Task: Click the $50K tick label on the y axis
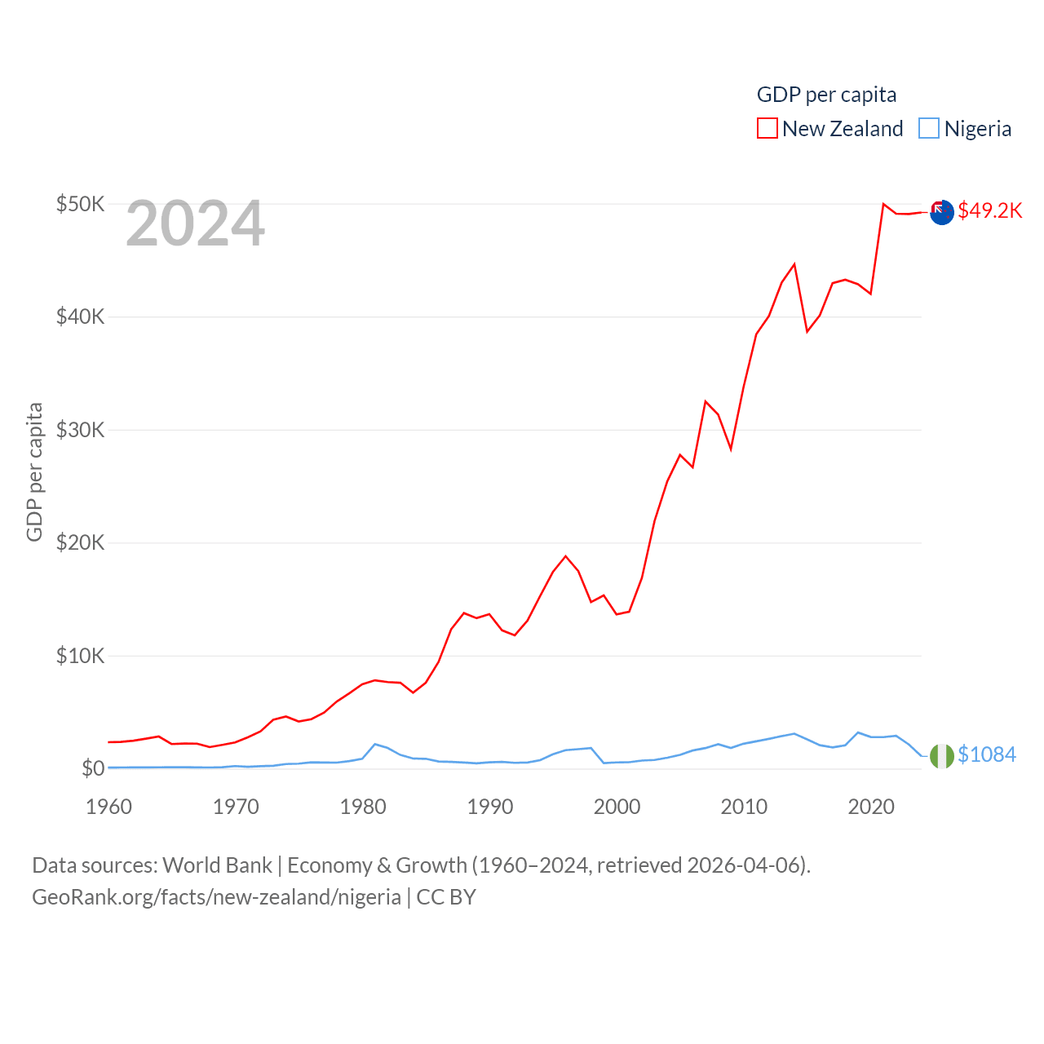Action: click(x=80, y=204)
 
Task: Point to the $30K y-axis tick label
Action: click(x=80, y=430)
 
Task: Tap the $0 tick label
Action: click(x=93, y=768)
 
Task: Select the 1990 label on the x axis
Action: click(x=490, y=807)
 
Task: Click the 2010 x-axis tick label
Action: click(x=744, y=807)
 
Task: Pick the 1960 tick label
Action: click(x=108, y=807)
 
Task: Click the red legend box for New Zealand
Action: click(x=768, y=129)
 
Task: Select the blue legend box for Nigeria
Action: click(x=929, y=129)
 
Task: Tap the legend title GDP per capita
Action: click(x=826, y=95)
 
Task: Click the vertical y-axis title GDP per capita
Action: click(x=34, y=471)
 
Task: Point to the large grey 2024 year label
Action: click(x=195, y=223)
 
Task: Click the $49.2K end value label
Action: click(x=990, y=210)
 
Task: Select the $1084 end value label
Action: click(x=987, y=754)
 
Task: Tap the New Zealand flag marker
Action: click(x=942, y=212)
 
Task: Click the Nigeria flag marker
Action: click(x=942, y=756)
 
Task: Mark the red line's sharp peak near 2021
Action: click(x=883, y=204)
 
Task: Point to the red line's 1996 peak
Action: click(x=565, y=556)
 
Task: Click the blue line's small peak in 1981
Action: click(x=374, y=744)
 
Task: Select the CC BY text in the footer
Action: click(x=446, y=897)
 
